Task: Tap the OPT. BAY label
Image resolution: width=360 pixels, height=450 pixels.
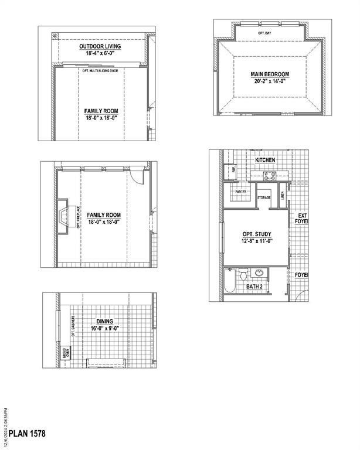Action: pyautogui.click(x=264, y=34)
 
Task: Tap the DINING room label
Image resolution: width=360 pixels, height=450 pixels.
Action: pyautogui.click(x=104, y=321)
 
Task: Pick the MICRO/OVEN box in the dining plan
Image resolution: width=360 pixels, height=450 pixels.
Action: pyautogui.click(x=66, y=352)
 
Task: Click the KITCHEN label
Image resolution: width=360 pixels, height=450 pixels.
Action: pyautogui.click(x=264, y=160)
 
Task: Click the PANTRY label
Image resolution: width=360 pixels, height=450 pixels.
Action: pyautogui.click(x=240, y=192)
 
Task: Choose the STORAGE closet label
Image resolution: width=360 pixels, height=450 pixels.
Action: pyautogui.click(x=264, y=197)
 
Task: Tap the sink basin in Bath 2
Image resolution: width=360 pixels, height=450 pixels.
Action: pyautogui.click(x=259, y=272)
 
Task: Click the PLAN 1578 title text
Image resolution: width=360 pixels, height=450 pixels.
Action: pyautogui.click(x=24, y=434)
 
